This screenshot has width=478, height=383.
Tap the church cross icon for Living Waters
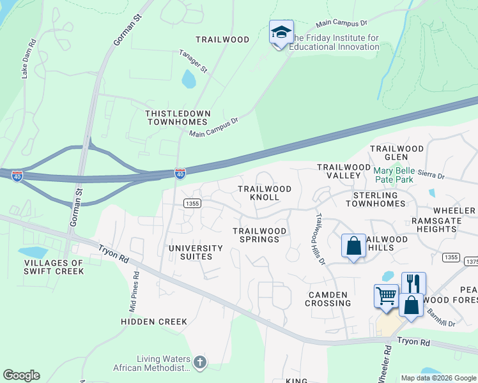[200, 363]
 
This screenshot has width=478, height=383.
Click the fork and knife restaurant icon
[413, 283]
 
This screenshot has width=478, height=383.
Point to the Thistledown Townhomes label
[177, 117]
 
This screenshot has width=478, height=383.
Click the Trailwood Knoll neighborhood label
[265, 193]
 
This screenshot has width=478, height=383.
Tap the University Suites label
[196, 252]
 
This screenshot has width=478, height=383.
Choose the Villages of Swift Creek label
[54, 267]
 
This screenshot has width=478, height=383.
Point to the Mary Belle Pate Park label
[403, 175]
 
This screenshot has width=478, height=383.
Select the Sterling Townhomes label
[376, 199]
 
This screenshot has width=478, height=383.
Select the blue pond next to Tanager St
[189, 79]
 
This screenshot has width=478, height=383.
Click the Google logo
[21, 375]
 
